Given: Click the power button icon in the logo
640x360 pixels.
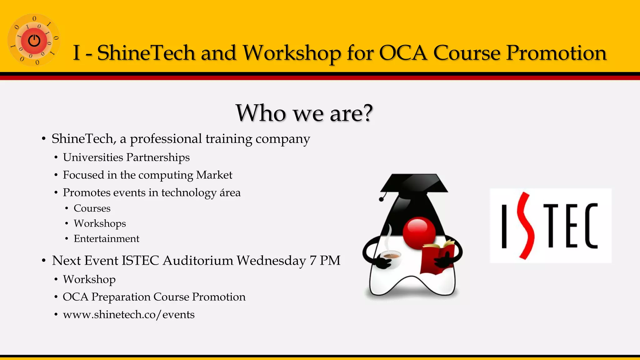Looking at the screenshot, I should coord(34,41).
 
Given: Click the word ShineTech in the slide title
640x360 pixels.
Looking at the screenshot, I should coord(146,52).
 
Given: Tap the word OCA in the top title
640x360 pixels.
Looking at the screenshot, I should coord(403,52).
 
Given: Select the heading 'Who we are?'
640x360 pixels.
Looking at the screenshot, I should coord(304,113).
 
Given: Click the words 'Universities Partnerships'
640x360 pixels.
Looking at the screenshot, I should coord(126,157).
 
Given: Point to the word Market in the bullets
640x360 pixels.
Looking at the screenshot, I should coord(214,175).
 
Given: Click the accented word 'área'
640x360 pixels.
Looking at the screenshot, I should coord(230,192).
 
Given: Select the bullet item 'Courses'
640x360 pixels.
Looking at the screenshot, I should coord(92,208).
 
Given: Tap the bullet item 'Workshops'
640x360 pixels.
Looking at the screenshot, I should coord(100,223).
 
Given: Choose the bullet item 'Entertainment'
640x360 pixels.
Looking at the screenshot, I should coord(106,239).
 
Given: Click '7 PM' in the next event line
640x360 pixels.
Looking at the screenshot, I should coord(325,261).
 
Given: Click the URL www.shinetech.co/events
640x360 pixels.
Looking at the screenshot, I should coord(128,314).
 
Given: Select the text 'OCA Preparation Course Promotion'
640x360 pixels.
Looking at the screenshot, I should coord(154,297).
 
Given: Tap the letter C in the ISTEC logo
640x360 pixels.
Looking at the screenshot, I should coord(591,226).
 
